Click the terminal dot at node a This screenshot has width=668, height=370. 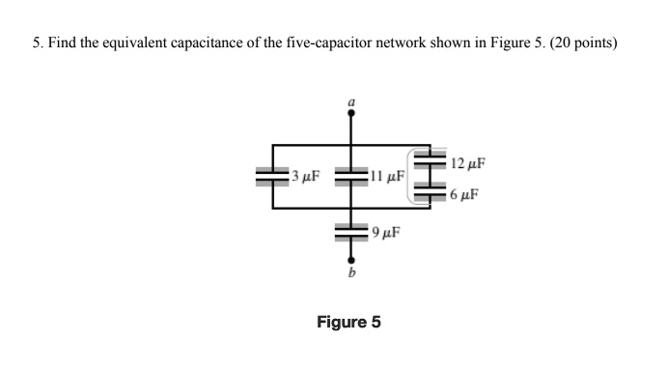click(x=350, y=112)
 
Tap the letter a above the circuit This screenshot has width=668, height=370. click(x=350, y=100)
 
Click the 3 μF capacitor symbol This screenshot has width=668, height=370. click(x=272, y=177)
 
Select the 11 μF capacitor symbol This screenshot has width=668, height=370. click(x=350, y=177)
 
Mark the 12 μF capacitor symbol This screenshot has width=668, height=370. click(x=430, y=159)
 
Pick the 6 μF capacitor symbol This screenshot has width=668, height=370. click(x=430, y=191)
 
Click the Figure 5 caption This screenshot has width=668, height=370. click(x=348, y=322)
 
